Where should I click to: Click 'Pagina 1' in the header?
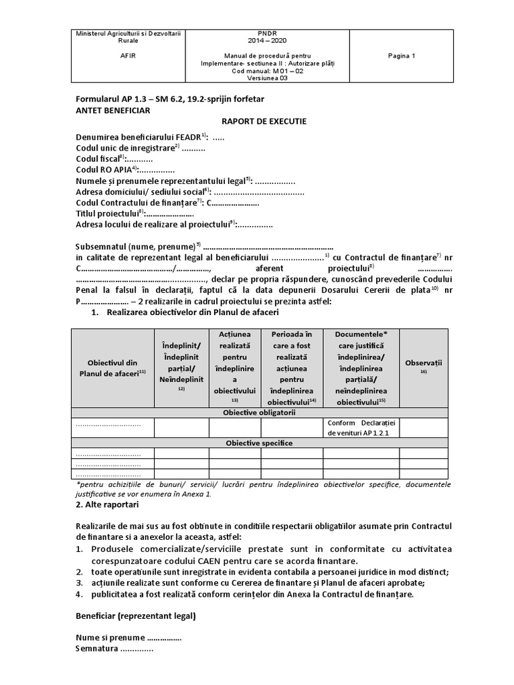tap(402, 56)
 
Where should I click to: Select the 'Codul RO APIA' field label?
tap(105, 171)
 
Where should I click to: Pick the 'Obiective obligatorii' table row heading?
tap(259, 413)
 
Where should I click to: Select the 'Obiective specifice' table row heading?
tap(259, 443)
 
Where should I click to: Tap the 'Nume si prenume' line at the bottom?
tap(110, 638)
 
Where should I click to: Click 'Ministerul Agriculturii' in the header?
tap(121, 33)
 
